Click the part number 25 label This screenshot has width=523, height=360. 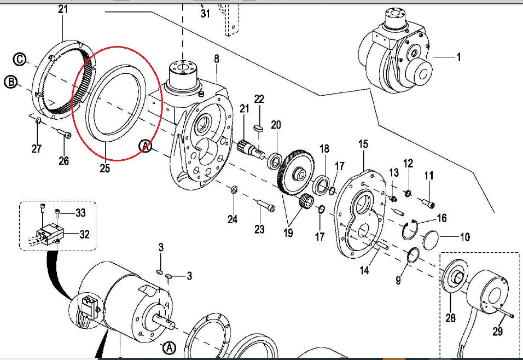104,169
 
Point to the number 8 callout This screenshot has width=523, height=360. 217,58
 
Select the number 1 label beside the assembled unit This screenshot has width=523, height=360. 458,57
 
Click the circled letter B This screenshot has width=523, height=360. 10,83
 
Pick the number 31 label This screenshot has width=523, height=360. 205,14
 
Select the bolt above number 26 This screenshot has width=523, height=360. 63,133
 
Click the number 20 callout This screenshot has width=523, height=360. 276,125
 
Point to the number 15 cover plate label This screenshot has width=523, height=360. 364,144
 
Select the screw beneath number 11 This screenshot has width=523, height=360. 429,204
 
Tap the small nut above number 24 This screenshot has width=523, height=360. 233,190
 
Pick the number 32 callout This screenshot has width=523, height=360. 84,235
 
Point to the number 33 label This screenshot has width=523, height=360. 80,212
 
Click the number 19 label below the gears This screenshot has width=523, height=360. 288,233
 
